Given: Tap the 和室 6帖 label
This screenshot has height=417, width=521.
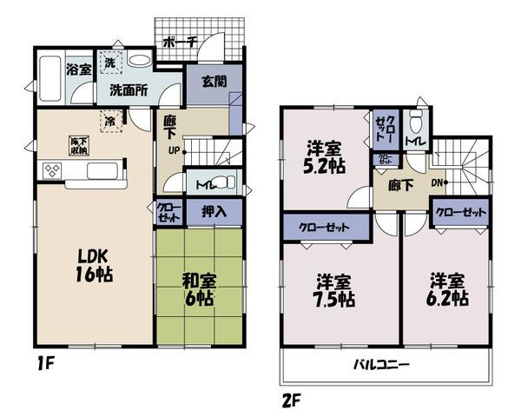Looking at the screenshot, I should point(200,290).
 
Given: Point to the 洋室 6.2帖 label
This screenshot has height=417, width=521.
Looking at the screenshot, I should point(447,289).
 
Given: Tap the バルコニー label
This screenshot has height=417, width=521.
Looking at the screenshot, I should point(381,365).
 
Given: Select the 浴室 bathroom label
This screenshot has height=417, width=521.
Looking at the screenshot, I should point(79,69).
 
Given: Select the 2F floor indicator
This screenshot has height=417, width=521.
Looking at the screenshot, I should point(291,400).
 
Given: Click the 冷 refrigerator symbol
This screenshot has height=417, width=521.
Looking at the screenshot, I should point(112,122).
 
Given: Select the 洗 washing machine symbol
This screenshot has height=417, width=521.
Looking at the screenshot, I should point(111,63).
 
